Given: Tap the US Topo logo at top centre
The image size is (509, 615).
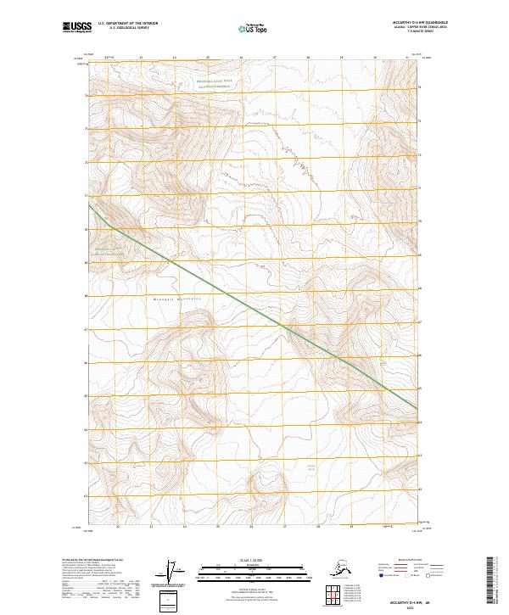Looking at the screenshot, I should point(253,28).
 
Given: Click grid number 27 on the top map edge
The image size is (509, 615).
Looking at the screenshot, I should point(275,58).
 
